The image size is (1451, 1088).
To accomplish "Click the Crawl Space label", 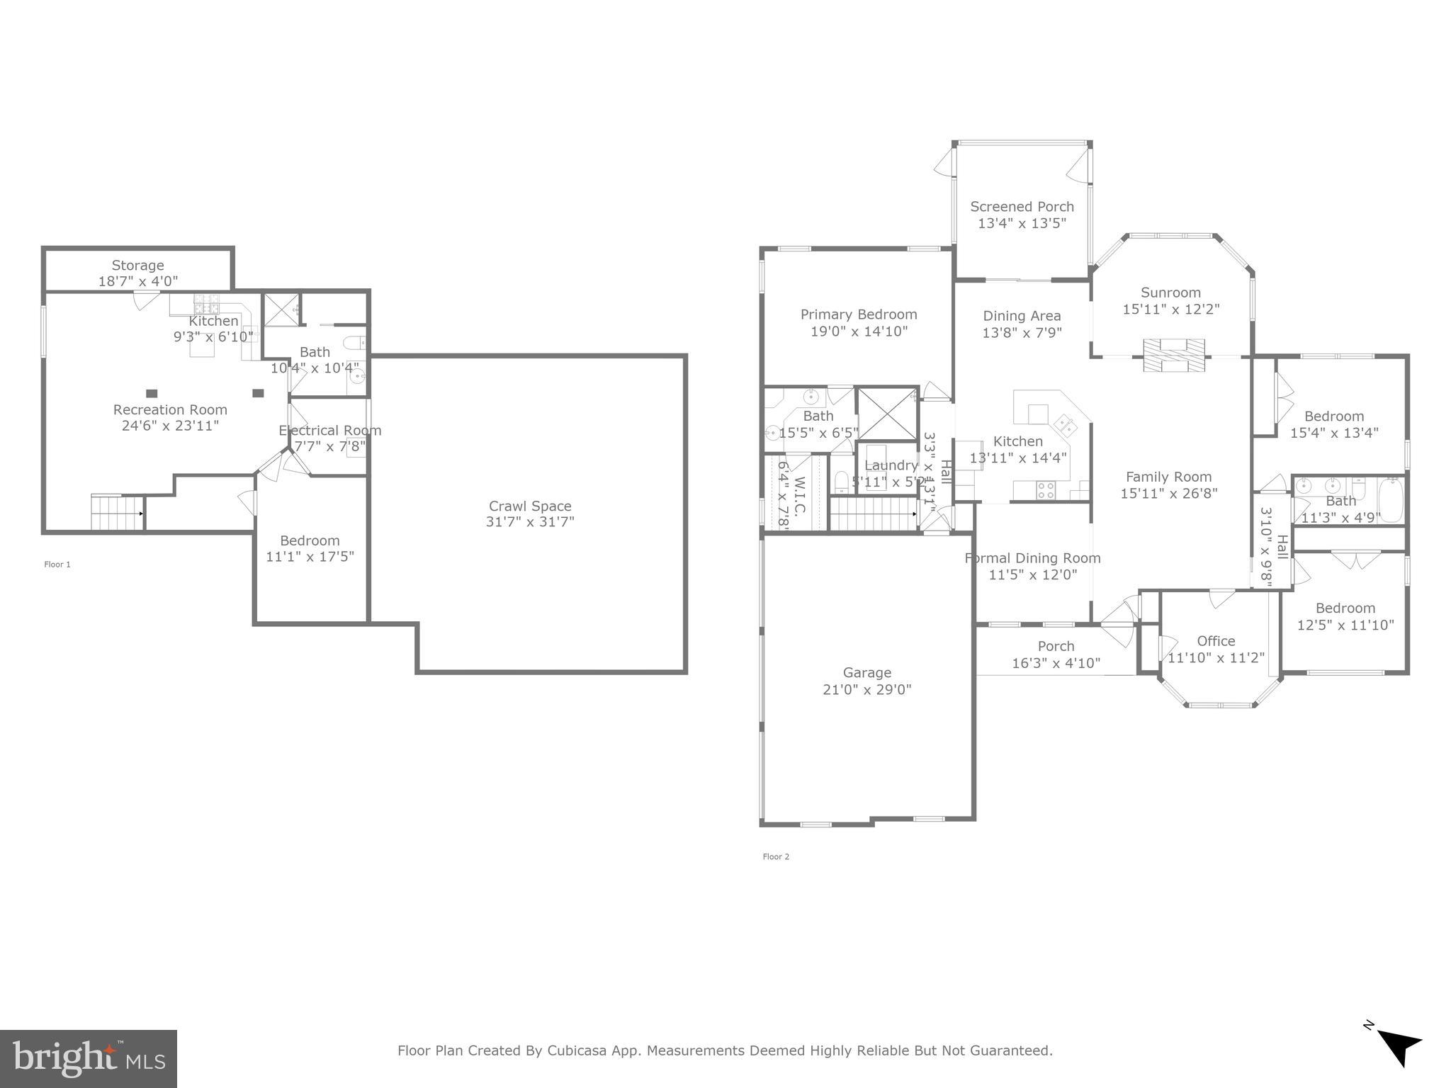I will (x=530, y=506).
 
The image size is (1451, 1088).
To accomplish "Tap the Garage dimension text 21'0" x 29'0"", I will (x=866, y=689).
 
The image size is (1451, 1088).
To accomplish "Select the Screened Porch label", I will (x=1022, y=206).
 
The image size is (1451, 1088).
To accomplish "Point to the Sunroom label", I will (x=1170, y=292).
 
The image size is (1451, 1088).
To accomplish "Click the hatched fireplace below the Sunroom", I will (x=1173, y=354).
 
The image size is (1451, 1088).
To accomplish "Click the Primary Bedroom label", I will (x=858, y=314).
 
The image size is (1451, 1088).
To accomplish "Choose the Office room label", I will (x=1216, y=640).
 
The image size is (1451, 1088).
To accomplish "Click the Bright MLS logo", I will (x=88, y=1059).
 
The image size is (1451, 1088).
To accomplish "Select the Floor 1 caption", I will (x=57, y=565).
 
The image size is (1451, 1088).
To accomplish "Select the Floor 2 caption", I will (x=776, y=856).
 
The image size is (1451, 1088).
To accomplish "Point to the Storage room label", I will (x=137, y=265).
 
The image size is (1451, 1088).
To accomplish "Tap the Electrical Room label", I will (x=329, y=430).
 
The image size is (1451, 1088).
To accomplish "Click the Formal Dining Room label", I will (x=1032, y=558).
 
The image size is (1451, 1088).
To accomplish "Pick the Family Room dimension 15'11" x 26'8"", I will (x=1168, y=493).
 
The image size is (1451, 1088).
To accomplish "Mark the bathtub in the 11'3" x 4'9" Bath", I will (x=1390, y=500).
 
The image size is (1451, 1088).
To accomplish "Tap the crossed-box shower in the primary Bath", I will (x=887, y=414).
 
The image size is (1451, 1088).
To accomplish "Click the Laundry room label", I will (x=891, y=465).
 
